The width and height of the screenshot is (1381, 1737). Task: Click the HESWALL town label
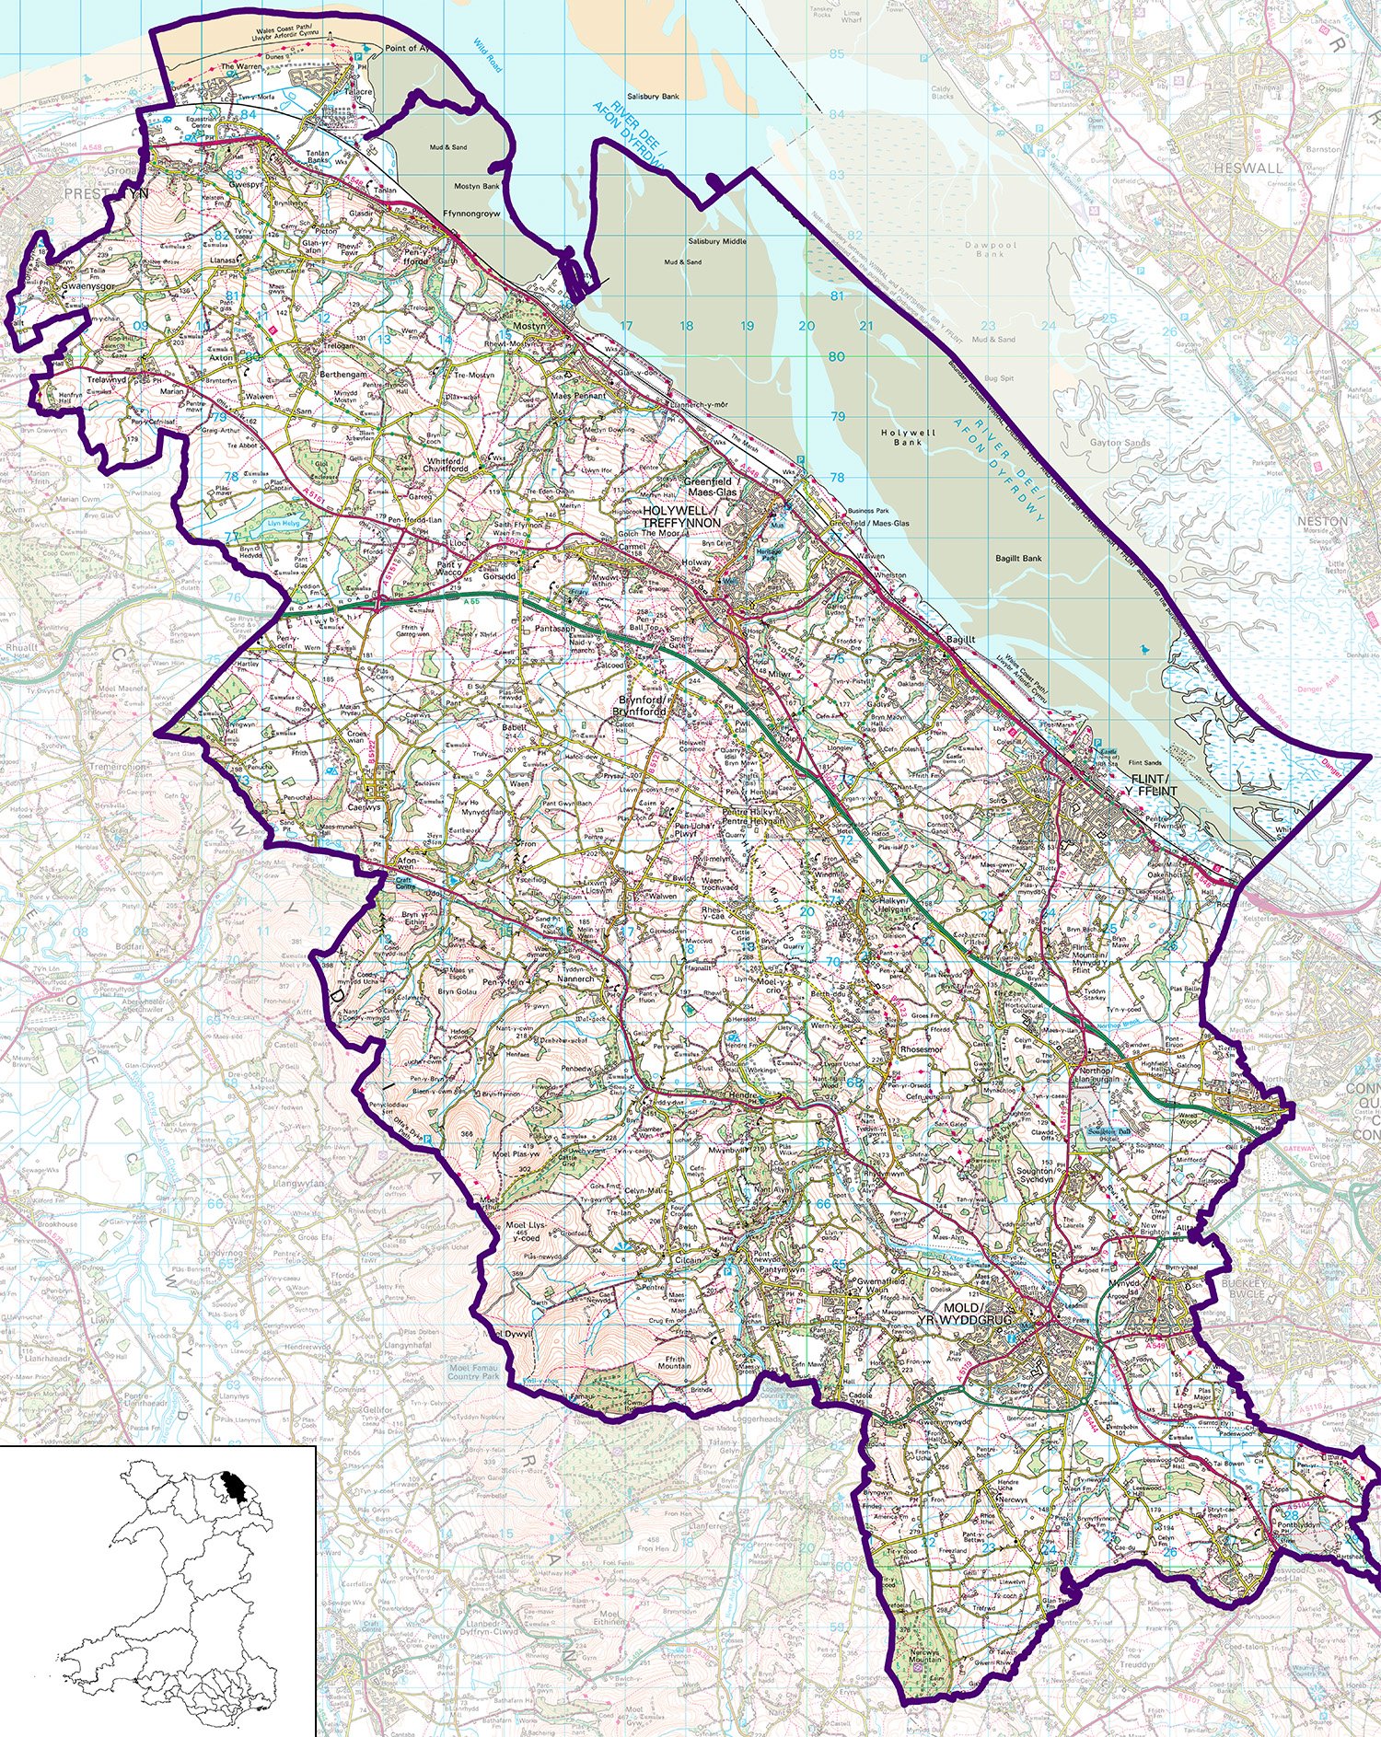tap(1248, 168)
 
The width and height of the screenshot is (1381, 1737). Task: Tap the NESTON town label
tap(1322, 521)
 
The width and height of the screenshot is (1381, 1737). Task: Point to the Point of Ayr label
tap(406, 48)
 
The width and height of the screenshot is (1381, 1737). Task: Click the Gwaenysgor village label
tap(85, 287)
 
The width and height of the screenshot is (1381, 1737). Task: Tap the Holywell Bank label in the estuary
tap(907, 437)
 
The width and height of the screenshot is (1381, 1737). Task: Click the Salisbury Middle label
tap(717, 241)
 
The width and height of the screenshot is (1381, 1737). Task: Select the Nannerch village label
tap(577, 982)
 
